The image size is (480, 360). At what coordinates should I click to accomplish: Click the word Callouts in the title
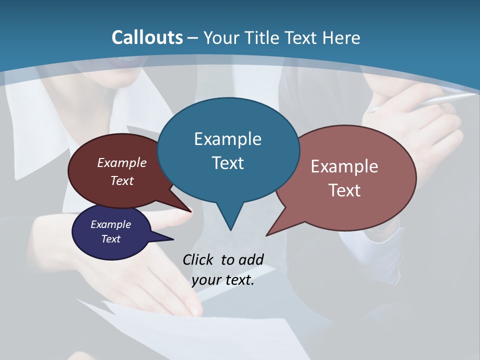(147, 37)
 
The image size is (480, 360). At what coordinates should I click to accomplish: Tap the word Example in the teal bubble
(227, 139)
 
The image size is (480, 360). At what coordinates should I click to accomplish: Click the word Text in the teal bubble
(227, 163)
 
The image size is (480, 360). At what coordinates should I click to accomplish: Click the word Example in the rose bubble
(344, 166)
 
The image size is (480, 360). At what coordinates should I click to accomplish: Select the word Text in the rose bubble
(344, 190)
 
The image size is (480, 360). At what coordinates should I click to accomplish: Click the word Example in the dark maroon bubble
(122, 162)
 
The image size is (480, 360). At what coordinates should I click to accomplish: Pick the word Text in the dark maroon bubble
(122, 180)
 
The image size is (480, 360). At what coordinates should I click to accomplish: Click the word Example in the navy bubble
(110, 224)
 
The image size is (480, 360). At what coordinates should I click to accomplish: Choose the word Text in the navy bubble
(110, 239)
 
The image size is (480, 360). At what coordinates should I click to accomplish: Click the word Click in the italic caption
(198, 259)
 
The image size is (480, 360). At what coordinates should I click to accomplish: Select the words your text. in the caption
(223, 280)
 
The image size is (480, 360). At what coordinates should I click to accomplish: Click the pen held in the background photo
(425, 102)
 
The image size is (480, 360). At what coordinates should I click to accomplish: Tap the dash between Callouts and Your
(193, 38)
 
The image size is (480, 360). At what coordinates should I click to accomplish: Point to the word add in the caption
(250, 259)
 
